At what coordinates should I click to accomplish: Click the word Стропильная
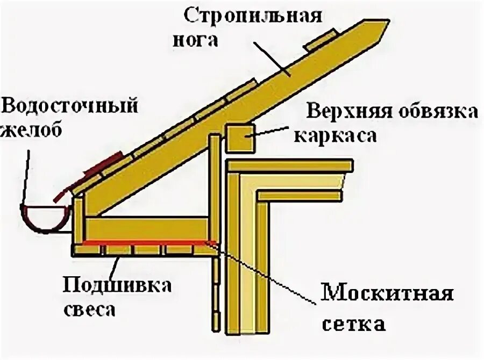(x=253, y=15)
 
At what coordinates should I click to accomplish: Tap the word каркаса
(x=334, y=136)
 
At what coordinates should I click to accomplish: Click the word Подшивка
(x=117, y=285)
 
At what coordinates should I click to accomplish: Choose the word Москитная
(x=387, y=293)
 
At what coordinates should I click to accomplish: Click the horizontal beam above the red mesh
(x=145, y=228)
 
